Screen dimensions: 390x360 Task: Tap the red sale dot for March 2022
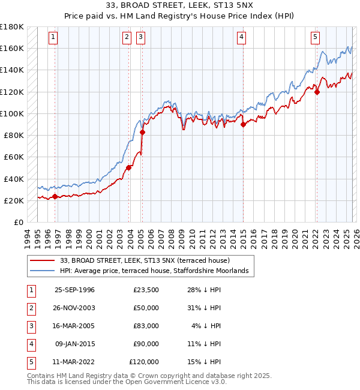pyautogui.click(x=317, y=92)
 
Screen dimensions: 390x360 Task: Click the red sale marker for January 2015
pyautogui.click(x=243, y=125)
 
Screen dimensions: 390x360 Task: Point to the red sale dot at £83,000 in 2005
pyautogui.click(x=142, y=132)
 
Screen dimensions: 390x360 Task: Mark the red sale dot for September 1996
pyautogui.click(x=55, y=196)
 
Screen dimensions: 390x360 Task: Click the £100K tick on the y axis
pyautogui.click(x=12, y=113)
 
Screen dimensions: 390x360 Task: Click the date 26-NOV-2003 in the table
pyautogui.click(x=74, y=308)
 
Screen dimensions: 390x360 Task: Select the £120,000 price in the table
pyautogui.click(x=144, y=362)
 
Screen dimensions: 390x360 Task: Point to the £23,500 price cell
pyautogui.click(x=144, y=290)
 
